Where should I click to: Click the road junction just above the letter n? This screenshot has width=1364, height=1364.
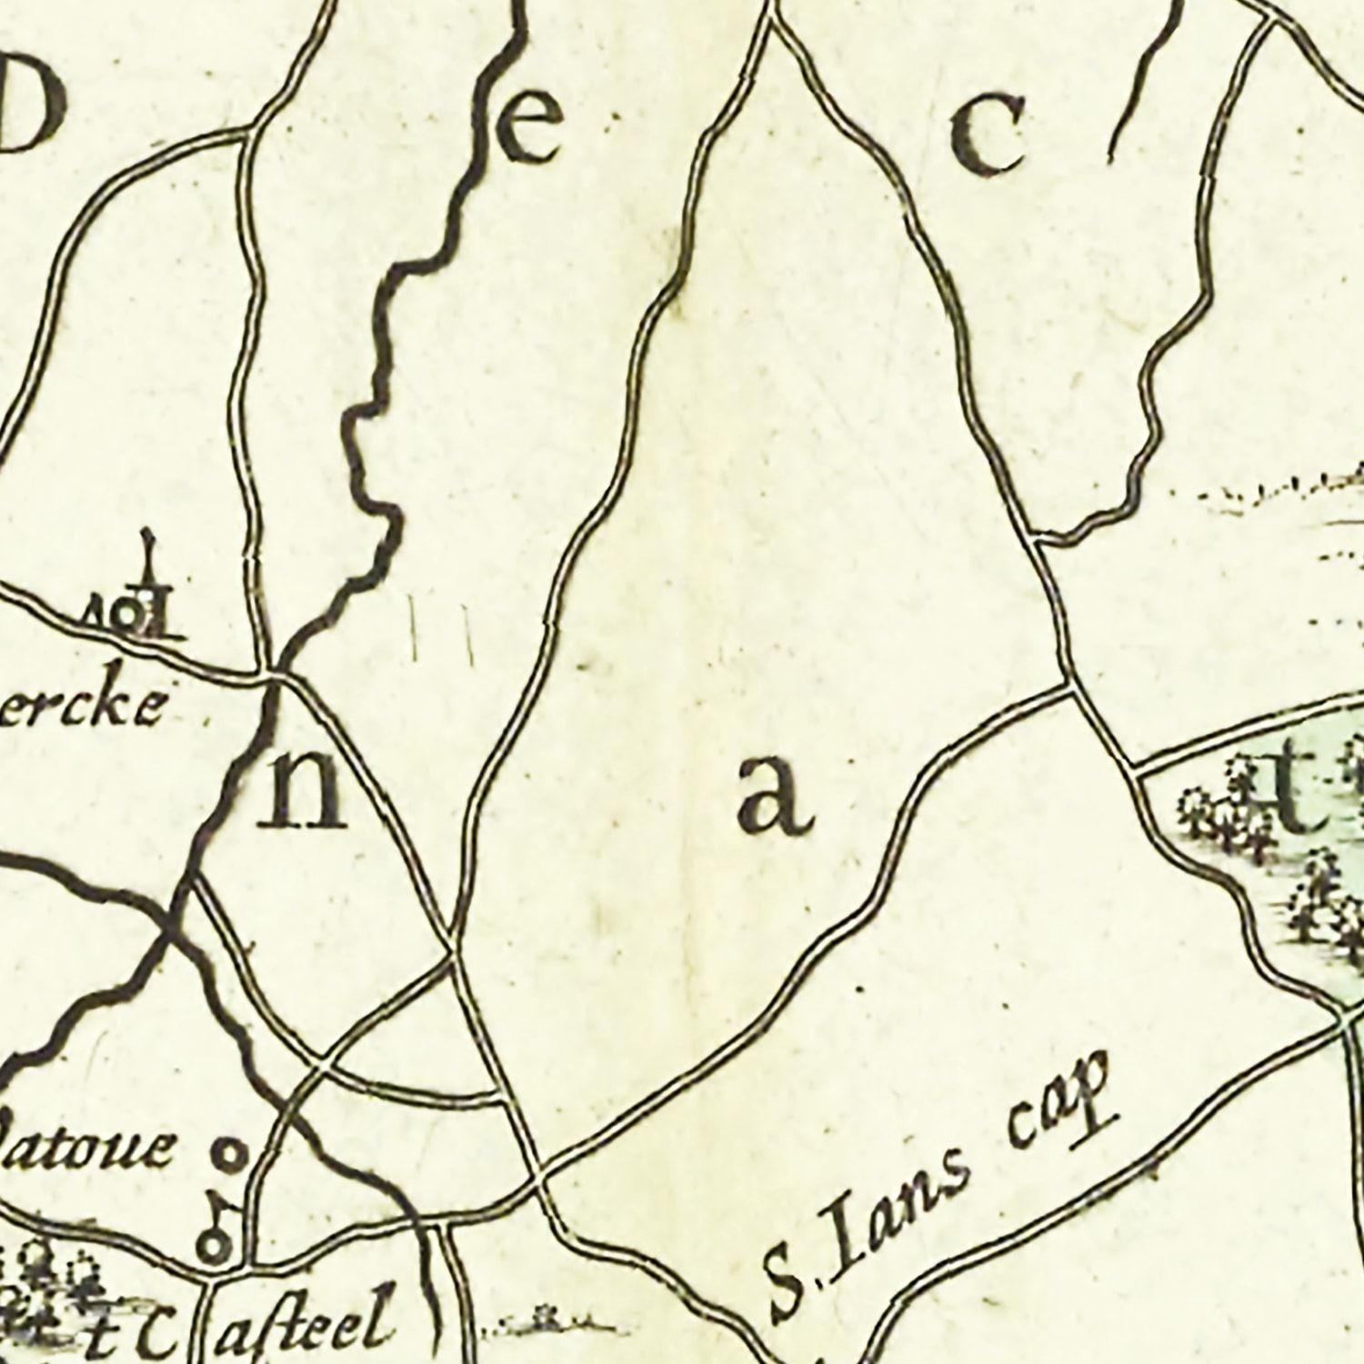click(274, 675)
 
